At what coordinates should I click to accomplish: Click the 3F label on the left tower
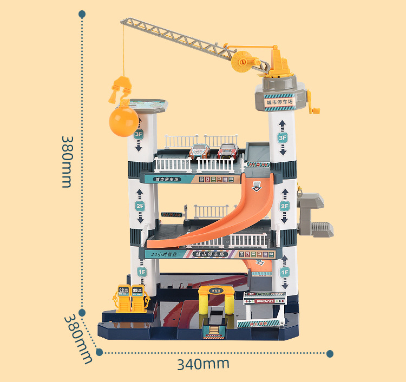138,134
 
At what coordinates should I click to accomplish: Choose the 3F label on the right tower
282,137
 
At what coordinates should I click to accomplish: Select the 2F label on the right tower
284,206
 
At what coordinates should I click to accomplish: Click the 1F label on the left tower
141,272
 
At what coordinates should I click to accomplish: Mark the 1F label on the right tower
285,273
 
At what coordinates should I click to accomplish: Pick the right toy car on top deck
227,150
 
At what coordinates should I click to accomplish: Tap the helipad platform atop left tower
144,103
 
